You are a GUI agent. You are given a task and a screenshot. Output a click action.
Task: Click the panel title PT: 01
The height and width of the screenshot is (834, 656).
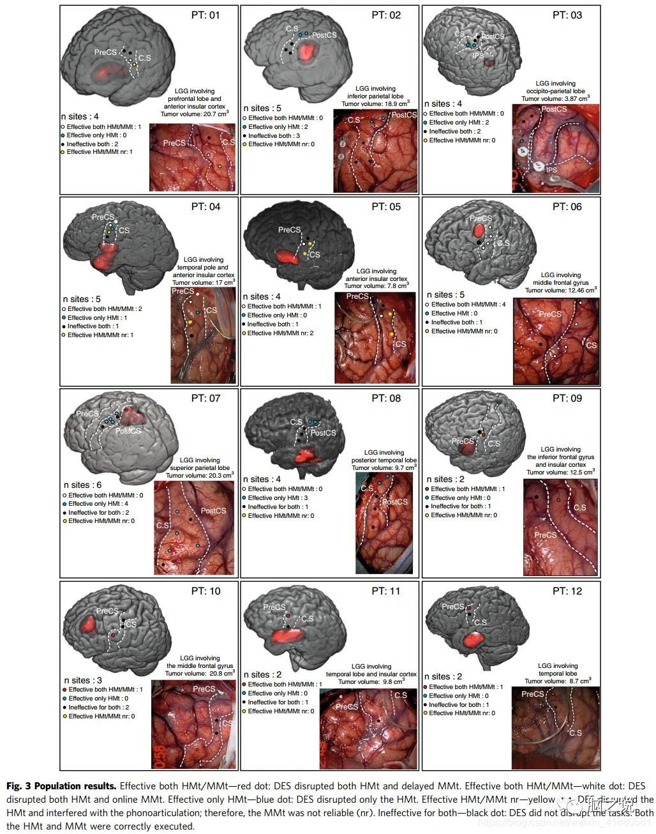click(x=205, y=15)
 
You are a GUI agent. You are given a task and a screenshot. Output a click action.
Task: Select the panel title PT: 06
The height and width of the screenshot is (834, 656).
click(x=567, y=207)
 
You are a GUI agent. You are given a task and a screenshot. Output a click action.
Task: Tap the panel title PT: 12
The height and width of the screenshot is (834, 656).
click(x=567, y=591)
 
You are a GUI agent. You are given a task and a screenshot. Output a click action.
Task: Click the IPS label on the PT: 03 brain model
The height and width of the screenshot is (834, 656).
click(x=479, y=56)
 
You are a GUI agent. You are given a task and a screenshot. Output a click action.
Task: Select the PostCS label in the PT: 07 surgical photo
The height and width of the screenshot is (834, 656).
click(x=213, y=511)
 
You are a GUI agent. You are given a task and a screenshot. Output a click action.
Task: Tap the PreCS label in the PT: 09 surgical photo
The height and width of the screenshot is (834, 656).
click(x=545, y=535)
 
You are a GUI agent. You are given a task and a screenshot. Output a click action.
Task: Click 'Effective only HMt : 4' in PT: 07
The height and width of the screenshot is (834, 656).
click(x=99, y=504)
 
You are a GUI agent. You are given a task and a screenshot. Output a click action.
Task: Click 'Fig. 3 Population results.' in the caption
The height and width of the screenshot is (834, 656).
click(x=61, y=786)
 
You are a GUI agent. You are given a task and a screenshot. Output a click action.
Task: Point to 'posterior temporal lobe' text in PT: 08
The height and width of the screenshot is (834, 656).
click(x=384, y=460)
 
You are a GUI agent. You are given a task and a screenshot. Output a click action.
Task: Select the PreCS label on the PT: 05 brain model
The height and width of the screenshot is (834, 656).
click(x=289, y=230)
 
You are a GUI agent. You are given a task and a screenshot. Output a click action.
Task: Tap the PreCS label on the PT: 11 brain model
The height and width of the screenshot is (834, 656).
click(x=274, y=607)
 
